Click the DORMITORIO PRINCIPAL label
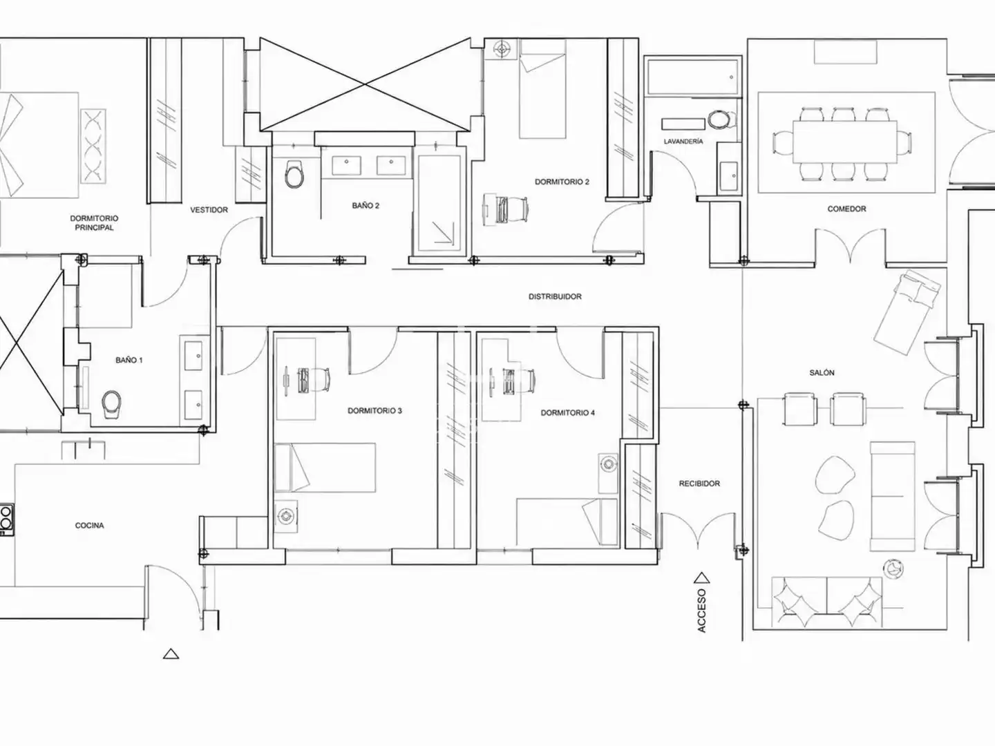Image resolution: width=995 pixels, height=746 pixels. coord(94,223)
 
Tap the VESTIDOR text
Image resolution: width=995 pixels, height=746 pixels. coord(209,210)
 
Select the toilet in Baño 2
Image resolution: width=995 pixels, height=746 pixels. coord(294,174)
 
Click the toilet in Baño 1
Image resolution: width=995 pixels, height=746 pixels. coord(111,405)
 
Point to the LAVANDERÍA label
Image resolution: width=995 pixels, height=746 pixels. coord(683,142)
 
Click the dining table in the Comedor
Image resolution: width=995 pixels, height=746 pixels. coord(845,142)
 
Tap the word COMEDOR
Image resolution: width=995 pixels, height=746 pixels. coord(846,209)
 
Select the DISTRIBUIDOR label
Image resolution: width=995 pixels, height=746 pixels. coord(555,297)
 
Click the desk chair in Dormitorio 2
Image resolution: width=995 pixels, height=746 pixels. coord(512,210)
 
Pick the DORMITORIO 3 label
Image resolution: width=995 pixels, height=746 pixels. coord(375,411)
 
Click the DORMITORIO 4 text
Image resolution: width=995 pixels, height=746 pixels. coord(567,412)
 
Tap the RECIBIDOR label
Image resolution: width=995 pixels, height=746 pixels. coord(699,484)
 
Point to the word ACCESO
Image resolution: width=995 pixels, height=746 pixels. coord(702,611)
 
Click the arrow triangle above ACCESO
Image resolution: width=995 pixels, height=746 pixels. coord(702,577)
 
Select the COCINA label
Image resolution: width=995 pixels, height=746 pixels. coord(89,526)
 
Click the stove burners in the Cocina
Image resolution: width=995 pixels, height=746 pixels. coord(6,519)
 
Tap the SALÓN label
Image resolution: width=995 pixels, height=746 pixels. coord(822,373)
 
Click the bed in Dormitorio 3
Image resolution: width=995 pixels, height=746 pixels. coord(325,468)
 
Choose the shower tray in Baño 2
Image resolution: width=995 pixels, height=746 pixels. coord(439,204)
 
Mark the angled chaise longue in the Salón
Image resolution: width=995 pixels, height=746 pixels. coord(907,312)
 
